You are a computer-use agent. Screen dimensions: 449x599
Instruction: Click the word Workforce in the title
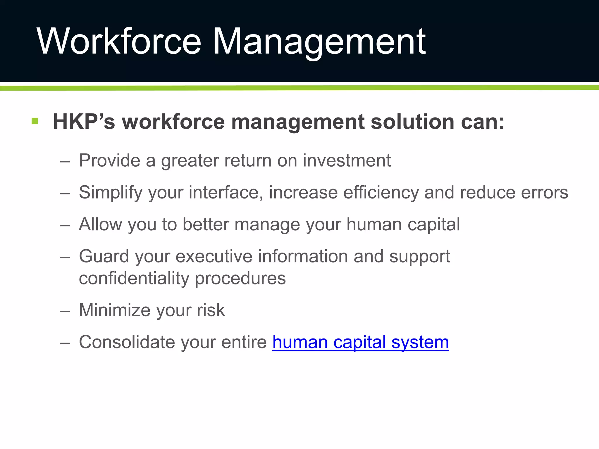118,42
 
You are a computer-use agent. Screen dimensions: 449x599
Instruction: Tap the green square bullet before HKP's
35,121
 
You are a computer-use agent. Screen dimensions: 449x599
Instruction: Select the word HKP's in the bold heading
84,122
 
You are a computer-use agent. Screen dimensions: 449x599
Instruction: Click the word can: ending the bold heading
483,122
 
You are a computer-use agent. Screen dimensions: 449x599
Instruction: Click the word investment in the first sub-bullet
347,160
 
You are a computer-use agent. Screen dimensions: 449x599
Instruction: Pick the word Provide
109,160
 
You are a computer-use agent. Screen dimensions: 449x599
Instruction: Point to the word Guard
104,256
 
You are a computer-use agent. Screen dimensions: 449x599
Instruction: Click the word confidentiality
134,278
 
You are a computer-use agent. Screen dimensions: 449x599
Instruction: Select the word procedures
240,278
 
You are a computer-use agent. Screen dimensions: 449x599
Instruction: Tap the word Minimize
115,310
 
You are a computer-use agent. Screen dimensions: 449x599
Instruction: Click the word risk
211,310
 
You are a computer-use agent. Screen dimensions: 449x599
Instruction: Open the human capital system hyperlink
360,342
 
